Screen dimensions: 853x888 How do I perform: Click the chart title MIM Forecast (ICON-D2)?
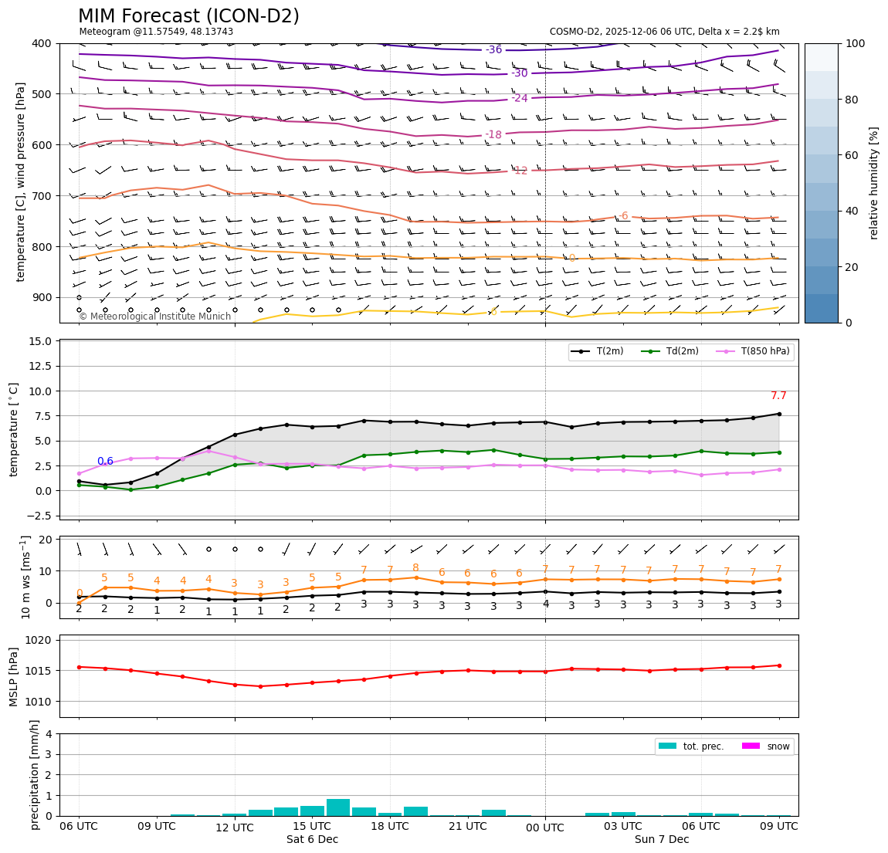188,16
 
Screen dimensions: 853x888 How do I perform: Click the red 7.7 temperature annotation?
778,396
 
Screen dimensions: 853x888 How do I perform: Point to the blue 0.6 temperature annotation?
105,462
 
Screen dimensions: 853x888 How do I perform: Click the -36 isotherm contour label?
493,50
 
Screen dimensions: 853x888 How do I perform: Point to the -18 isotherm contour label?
493,135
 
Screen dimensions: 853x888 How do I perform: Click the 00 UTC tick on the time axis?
545,827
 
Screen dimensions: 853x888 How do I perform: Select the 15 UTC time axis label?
312,826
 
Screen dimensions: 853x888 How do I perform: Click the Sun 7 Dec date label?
662,839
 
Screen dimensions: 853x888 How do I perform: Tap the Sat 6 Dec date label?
312,839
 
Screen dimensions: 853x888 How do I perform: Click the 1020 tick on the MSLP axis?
39,640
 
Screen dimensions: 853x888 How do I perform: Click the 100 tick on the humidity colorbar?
856,43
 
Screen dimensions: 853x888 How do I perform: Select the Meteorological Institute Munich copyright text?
155,316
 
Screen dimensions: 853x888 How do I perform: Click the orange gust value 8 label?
415,568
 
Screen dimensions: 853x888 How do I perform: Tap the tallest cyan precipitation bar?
338,807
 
